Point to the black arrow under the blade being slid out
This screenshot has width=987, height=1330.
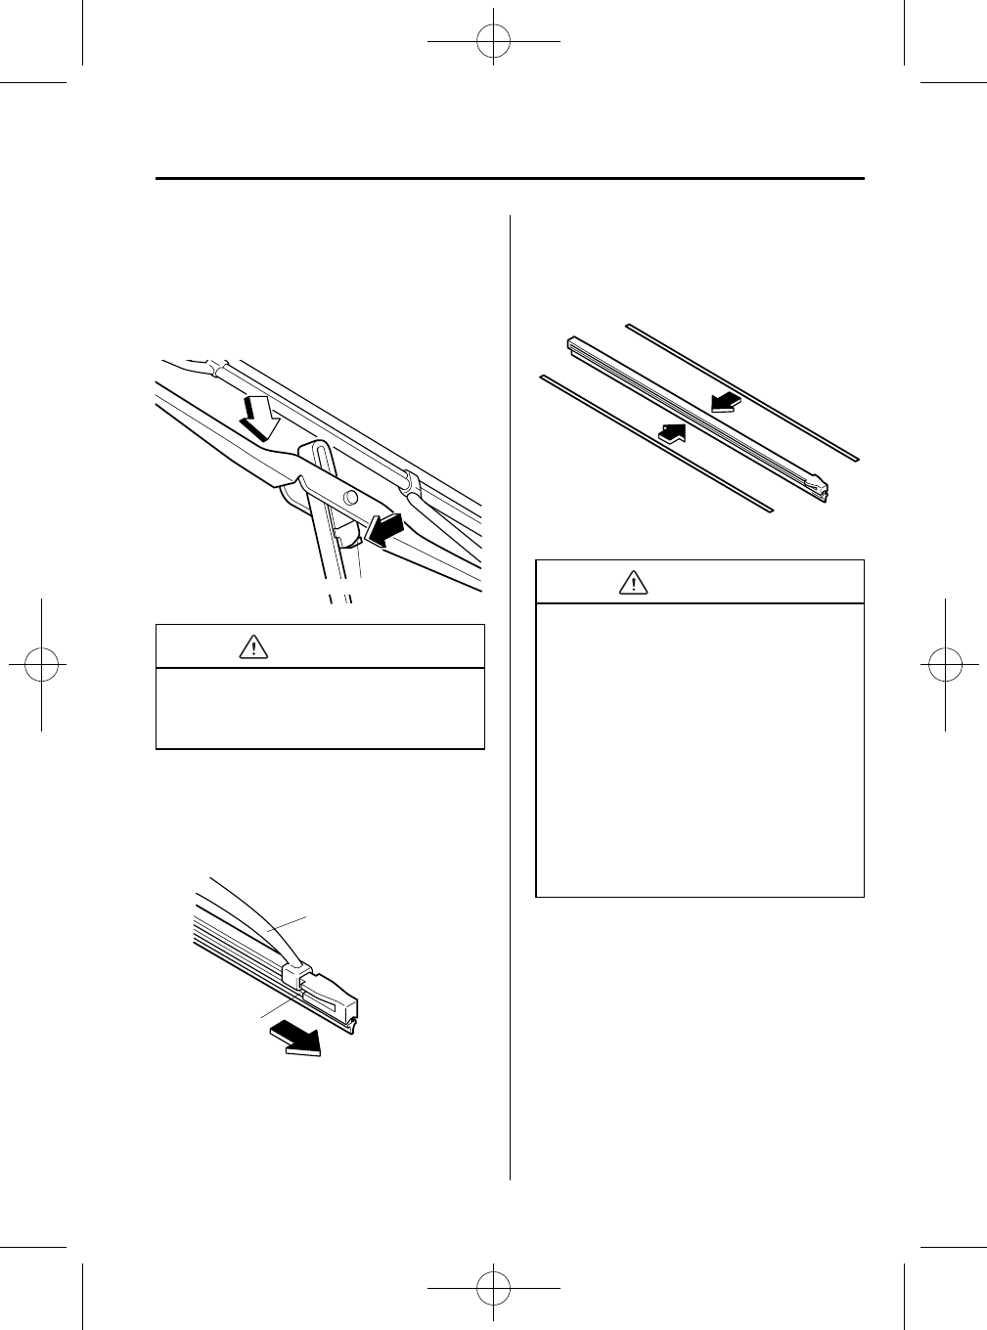298,1038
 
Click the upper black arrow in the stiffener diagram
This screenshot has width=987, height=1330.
725,400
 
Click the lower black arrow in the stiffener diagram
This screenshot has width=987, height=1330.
680,433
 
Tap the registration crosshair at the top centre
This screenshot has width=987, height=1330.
493,41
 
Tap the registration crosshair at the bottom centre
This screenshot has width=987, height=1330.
493,1288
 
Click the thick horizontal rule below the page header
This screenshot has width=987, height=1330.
510,179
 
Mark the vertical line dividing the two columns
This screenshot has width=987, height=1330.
511,685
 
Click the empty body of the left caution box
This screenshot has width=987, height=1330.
320,708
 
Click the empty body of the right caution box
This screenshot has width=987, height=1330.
699,748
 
